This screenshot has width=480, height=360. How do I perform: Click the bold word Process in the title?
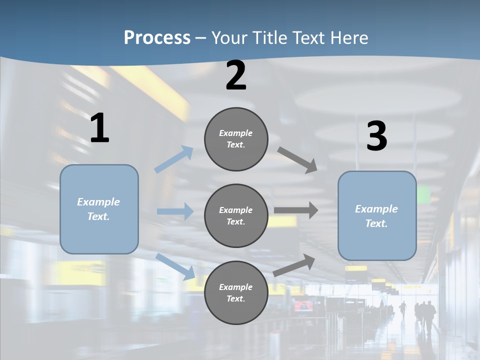157,37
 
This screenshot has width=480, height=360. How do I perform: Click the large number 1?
99,128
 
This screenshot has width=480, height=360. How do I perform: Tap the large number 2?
236,75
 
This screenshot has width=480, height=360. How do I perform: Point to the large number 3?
376,136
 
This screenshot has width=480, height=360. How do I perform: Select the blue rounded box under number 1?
99,209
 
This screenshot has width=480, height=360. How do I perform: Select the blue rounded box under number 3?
377,215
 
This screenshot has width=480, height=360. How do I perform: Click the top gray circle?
236,139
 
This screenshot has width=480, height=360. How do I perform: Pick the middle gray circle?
236,215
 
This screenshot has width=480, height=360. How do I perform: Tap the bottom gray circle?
236,292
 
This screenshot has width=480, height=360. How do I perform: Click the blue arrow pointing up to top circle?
173,159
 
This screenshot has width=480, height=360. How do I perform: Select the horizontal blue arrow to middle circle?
175,211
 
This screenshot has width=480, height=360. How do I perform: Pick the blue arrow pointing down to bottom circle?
175,266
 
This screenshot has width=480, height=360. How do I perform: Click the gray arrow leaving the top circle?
298,160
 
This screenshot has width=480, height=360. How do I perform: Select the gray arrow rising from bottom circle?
294,265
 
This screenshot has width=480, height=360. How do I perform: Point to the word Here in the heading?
349,37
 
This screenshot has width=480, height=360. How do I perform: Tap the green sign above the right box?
423,194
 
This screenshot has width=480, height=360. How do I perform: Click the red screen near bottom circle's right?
302,305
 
